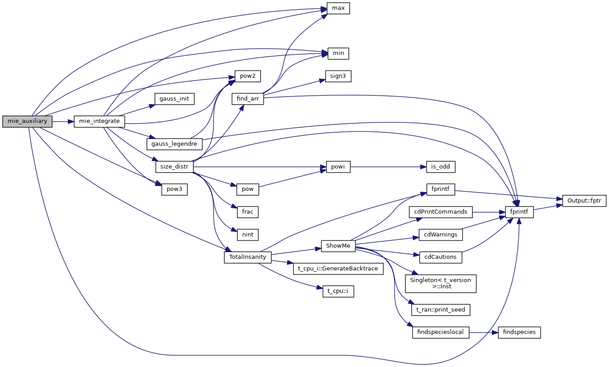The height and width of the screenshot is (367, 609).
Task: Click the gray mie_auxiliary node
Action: pos(28,121)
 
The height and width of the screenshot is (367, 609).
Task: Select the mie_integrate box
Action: pos(99,121)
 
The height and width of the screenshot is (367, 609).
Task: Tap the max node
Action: pos(338,8)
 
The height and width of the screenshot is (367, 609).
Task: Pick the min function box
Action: pos(338,53)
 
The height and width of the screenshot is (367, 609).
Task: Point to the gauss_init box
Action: pos(174,99)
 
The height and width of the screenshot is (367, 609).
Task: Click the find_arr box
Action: pos(248,99)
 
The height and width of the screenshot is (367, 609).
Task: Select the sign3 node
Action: pos(338,76)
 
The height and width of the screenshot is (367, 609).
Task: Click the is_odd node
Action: pos(441,167)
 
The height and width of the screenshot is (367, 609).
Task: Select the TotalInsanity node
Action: pos(248,257)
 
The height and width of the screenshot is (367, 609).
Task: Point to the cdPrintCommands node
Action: pos(441,211)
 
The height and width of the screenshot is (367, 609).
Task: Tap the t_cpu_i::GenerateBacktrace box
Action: pos(338,269)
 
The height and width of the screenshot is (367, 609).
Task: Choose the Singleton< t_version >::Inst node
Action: pos(441,283)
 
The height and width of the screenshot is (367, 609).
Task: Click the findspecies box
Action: pos(519,333)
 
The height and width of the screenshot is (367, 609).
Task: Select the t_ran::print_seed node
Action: pos(441,309)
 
